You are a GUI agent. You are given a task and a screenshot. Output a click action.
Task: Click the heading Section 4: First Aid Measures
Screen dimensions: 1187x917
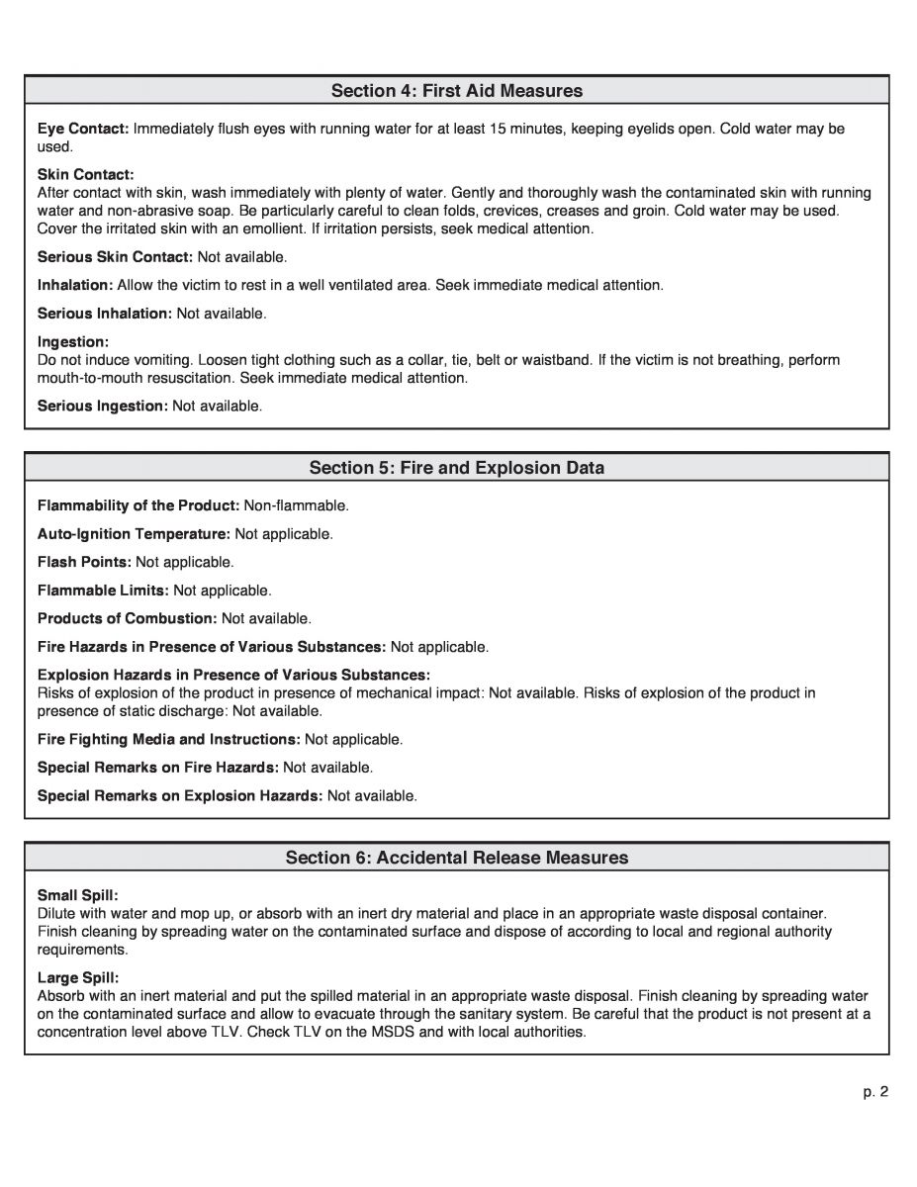pyautogui.click(x=457, y=91)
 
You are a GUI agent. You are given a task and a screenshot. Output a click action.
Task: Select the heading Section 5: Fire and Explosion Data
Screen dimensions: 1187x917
pyautogui.click(x=457, y=467)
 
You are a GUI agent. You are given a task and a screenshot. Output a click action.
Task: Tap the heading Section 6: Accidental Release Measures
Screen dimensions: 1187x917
pyautogui.click(x=457, y=858)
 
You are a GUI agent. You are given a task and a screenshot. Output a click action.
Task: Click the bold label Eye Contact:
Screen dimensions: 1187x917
pyautogui.click(x=83, y=129)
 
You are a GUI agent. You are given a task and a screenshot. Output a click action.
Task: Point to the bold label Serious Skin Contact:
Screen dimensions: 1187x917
pyautogui.click(x=115, y=257)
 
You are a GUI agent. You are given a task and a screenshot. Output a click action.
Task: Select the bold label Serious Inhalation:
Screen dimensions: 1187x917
pyautogui.click(x=105, y=314)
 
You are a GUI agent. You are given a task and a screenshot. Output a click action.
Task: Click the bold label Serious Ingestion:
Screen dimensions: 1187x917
pyautogui.click(x=103, y=406)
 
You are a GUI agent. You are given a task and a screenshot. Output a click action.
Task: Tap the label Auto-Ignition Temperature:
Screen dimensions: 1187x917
pyautogui.click(x=134, y=534)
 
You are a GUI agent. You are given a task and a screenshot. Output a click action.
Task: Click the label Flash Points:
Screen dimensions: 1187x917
pyautogui.click(x=84, y=562)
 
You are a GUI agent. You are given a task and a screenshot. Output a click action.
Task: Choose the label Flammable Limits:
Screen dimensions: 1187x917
pyautogui.click(x=103, y=591)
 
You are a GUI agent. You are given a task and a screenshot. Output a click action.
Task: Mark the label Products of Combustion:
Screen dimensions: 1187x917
pyautogui.click(x=127, y=618)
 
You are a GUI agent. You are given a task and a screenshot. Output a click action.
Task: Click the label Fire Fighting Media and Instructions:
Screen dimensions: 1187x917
pyautogui.click(x=169, y=739)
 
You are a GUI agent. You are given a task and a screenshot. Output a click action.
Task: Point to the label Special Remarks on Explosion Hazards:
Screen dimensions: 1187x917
pyautogui.click(x=180, y=795)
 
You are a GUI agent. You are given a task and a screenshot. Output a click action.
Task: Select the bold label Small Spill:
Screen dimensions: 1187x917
pyautogui.click(x=77, y=894)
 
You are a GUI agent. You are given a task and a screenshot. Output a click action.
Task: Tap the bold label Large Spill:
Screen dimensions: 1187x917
pyautogui.click(x=77, y=977)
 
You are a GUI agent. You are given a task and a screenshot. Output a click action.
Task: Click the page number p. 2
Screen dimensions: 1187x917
pyautogui.click(x=875, y=1092)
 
